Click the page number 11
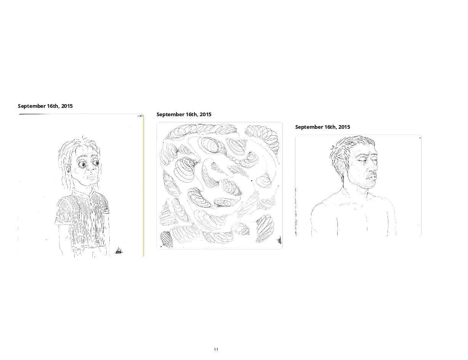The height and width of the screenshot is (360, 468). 216,349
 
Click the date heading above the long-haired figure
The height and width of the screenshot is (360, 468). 45,106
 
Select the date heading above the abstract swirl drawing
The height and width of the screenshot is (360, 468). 184,115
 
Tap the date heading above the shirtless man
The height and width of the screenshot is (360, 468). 323,127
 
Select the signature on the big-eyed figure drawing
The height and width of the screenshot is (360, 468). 119,251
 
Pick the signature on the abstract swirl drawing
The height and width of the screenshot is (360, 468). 279,240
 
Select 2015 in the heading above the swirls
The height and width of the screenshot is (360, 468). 206,115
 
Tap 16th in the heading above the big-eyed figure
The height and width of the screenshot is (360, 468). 53,106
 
